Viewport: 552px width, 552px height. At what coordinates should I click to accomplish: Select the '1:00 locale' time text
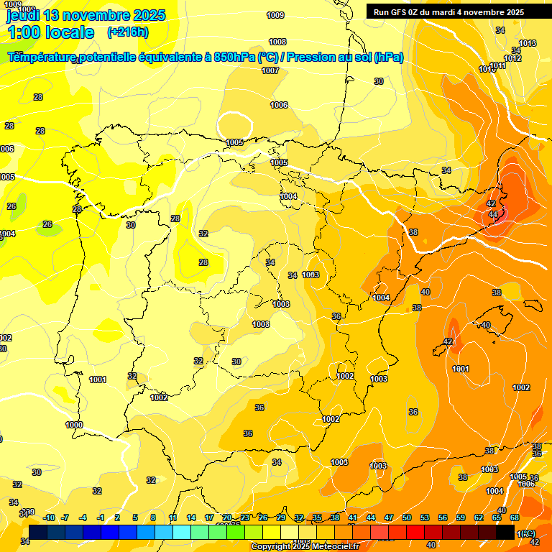50,32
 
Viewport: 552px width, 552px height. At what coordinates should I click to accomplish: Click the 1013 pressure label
528,44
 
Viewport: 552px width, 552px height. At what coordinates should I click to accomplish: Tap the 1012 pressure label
512,58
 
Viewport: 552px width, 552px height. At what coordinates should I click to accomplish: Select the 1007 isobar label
270,70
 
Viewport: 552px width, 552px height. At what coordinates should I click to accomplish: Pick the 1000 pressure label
74,425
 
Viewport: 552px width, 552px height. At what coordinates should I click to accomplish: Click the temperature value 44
493,214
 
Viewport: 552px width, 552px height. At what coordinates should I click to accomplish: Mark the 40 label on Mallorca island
486,325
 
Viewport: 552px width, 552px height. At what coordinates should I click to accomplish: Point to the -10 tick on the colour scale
49,517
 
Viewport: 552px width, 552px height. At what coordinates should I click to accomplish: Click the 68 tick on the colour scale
515,517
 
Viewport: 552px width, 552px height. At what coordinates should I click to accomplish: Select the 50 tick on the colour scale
407,517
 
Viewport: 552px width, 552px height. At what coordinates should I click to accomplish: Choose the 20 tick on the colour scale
227,517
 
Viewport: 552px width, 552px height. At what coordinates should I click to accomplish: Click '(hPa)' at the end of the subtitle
389,57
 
